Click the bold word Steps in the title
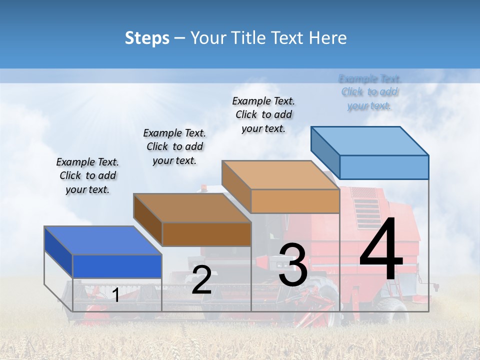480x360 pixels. [x=147, y=38]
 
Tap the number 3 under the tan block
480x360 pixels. [x=292, y=265]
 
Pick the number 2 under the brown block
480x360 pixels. [x=201, y=280]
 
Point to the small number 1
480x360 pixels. [x=115, y=295]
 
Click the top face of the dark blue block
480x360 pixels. [x=102, y=240]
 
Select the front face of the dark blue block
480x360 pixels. [x=117, y=266]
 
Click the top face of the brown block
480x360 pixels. [x=192, y=208]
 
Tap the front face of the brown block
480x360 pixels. [x=206, y=234]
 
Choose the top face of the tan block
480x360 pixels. [x=280, y=175]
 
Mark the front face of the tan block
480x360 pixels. [x=295, y=201]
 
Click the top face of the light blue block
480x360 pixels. [x=369, y=140]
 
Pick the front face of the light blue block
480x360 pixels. [x=384, y=167]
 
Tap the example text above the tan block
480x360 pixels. [x=263, y=114]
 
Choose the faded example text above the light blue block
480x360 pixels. [x=370, y=92]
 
